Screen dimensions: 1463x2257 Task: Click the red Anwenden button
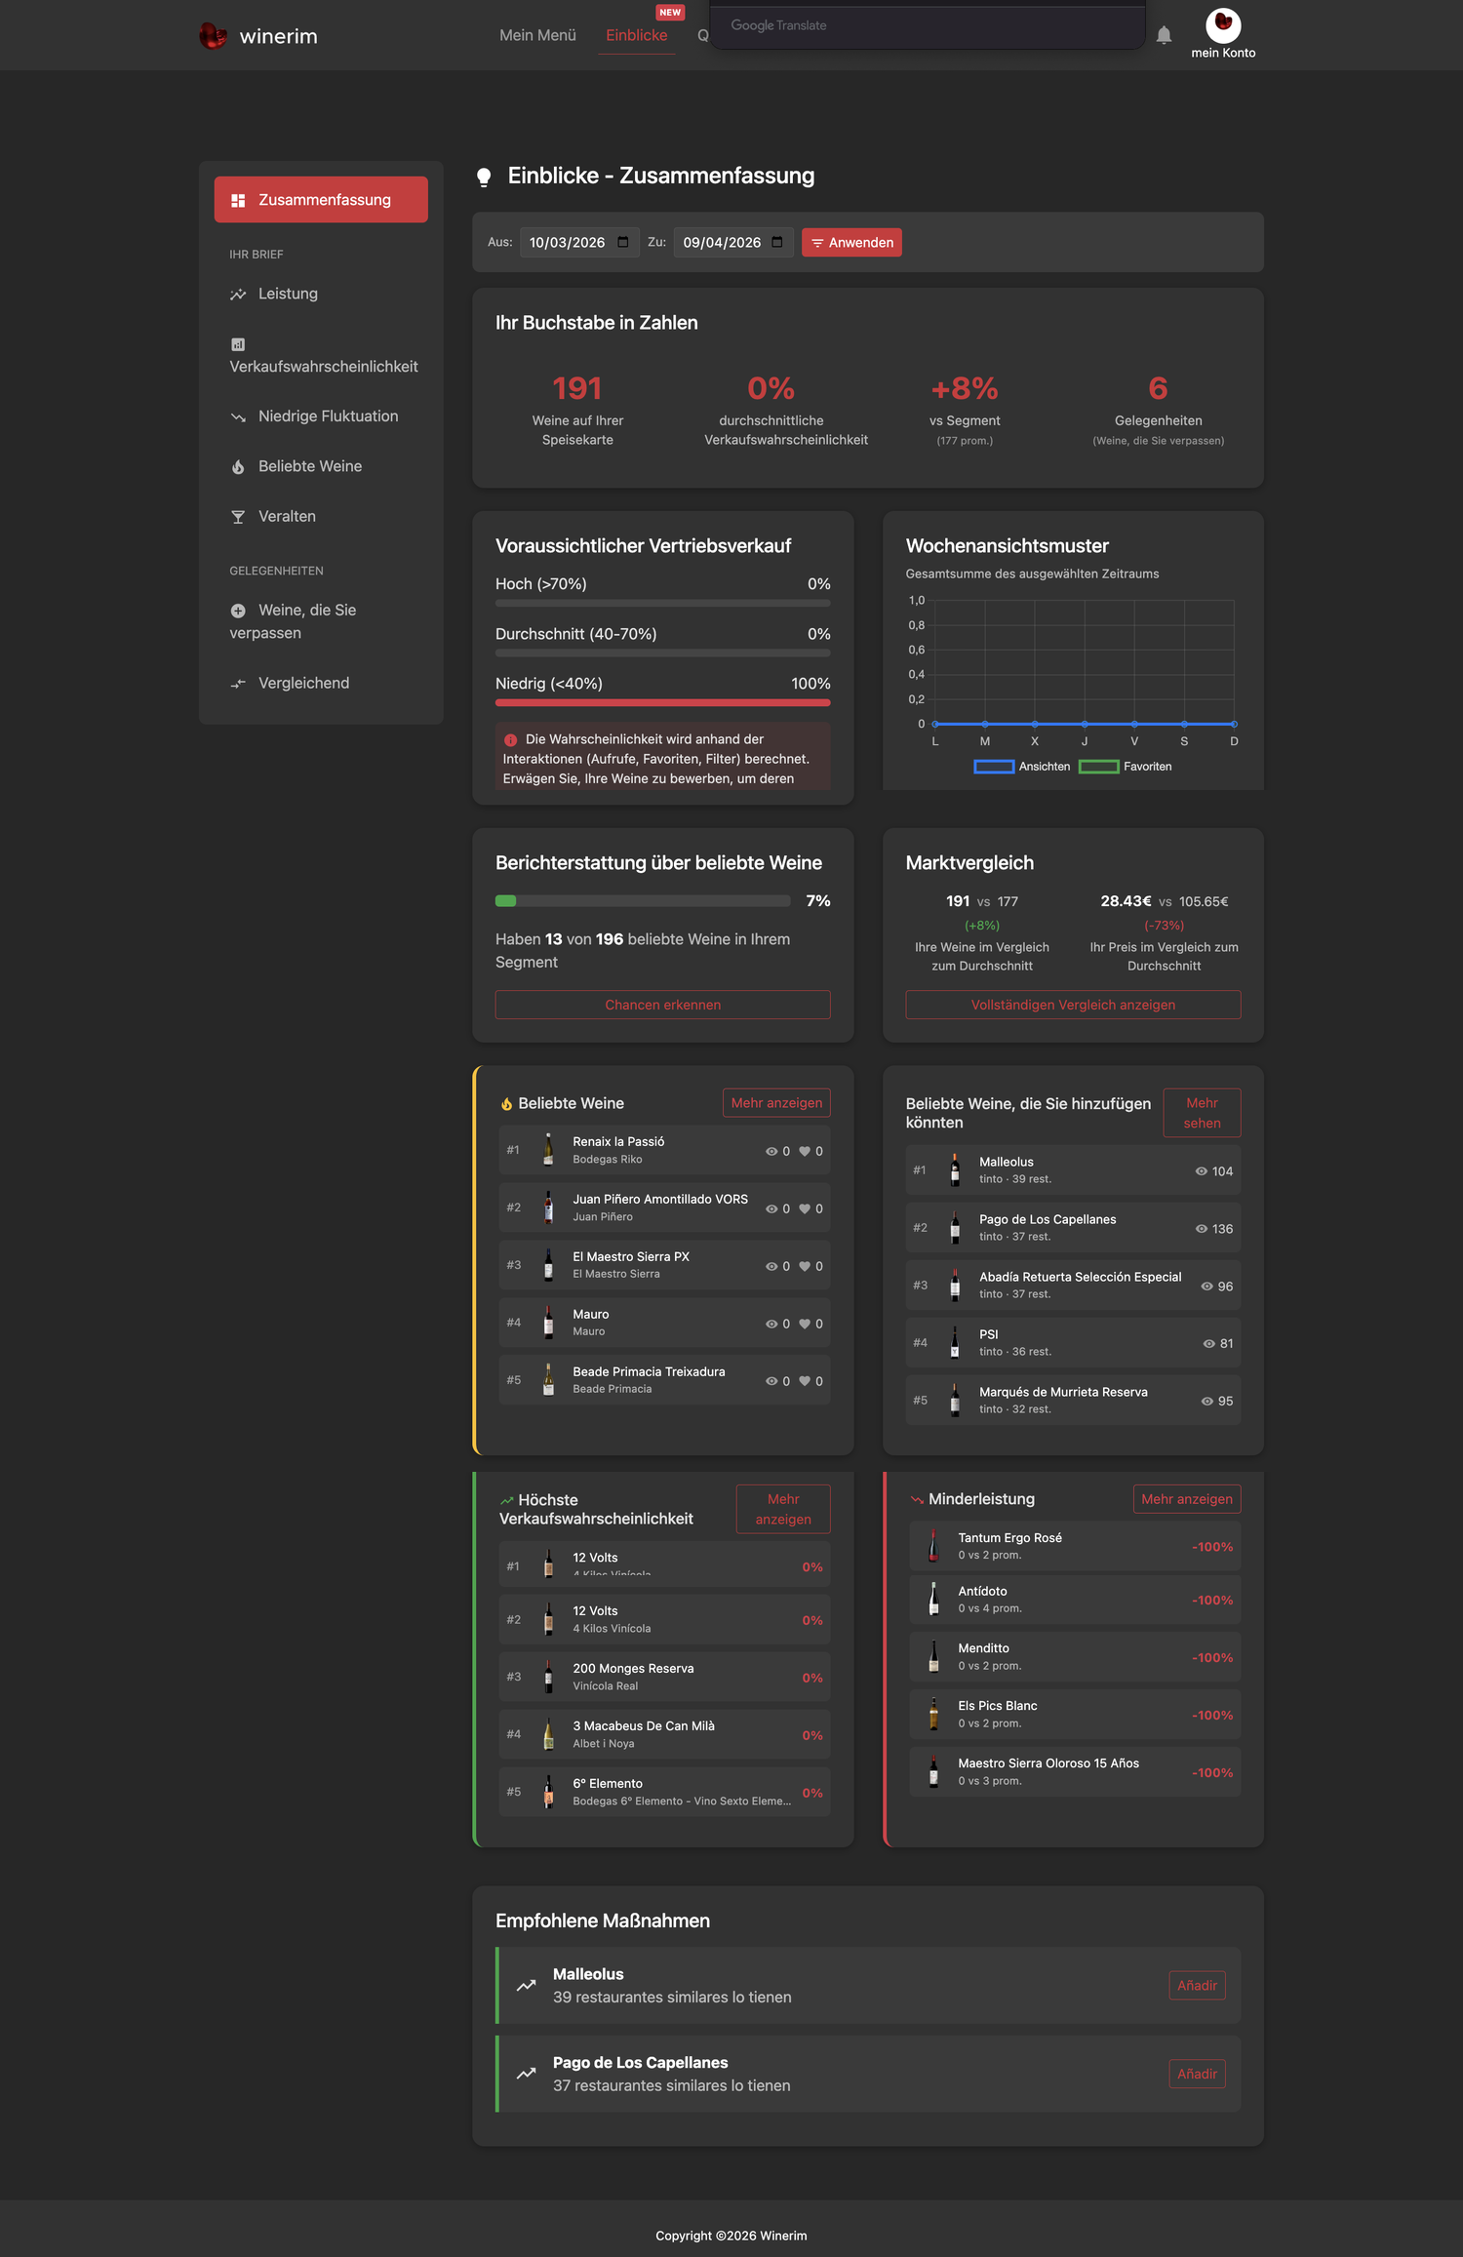click(851, 242)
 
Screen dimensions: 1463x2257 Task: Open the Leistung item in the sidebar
click(288, 294)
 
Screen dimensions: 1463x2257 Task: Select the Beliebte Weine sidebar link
click(309, 466)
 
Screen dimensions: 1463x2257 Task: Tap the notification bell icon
click(1164, 36)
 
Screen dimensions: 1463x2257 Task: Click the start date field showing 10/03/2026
click(579, 242)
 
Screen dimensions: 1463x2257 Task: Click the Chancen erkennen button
click(663, 1005)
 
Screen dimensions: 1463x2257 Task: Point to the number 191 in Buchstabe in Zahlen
click(577, 389)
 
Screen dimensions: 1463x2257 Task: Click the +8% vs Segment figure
click(965, 389)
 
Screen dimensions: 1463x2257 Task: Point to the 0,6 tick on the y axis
click(917, 650)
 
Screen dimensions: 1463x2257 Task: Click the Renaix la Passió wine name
click(618, 1141)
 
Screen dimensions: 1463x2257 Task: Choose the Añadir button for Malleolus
click(1197, 1985)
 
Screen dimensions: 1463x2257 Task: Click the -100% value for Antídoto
click(1212, 1600)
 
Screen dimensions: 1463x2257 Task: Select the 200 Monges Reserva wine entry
click(664, 1677)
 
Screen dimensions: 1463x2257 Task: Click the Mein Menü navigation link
click(537, 35)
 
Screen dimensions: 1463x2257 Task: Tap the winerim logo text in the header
click(279, 36)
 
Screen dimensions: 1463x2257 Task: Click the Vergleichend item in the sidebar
click(303, 683)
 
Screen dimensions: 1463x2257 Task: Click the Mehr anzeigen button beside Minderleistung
click(1187, 1499)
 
